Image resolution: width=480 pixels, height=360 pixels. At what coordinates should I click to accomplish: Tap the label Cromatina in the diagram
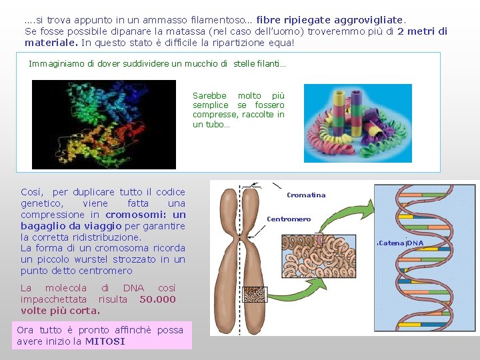pos(306,195)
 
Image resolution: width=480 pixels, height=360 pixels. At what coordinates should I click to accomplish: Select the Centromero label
pos(289,219)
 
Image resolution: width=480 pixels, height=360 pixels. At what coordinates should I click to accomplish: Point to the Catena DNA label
pos(401,243)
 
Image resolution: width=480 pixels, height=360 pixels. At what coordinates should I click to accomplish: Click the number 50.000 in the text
pos(157,299)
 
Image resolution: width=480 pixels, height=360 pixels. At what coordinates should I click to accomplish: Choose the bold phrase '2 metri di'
pos(422,31)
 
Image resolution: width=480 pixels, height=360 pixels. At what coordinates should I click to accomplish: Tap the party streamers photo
pos(357,123)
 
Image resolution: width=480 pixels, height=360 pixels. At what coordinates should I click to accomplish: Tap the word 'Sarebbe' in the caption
pos(209,96)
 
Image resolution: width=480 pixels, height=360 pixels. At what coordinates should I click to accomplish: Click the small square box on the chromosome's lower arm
pos(254,295)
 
